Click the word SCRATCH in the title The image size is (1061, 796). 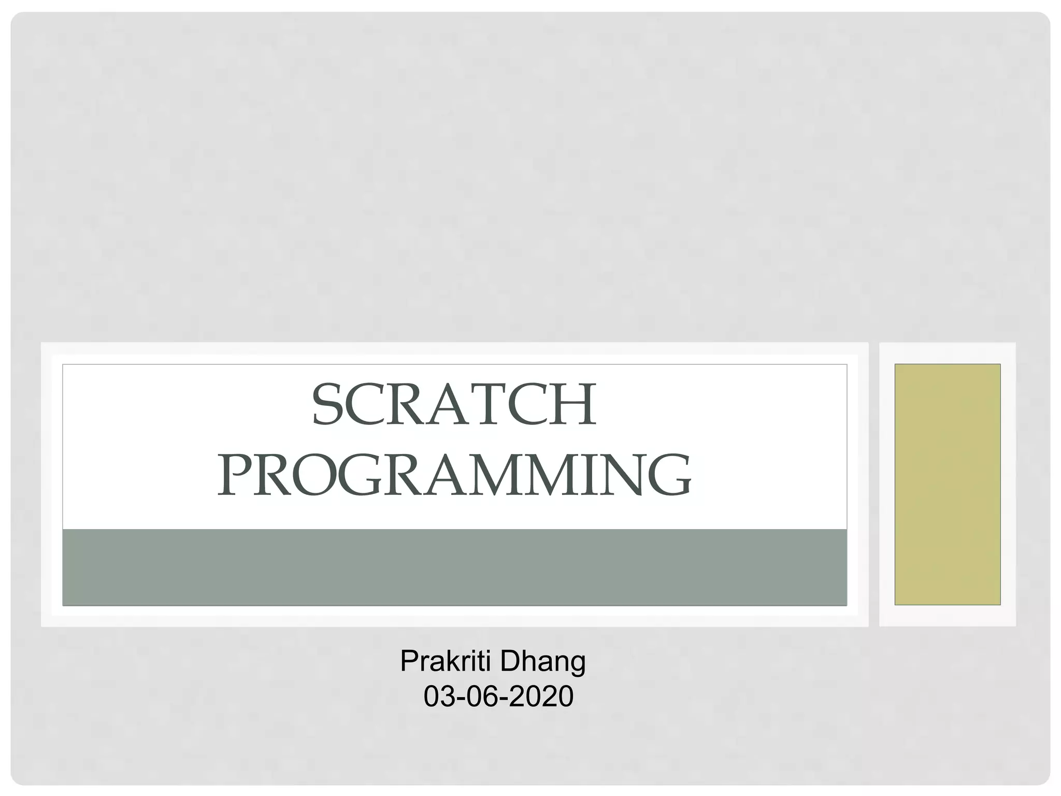click(454, 405)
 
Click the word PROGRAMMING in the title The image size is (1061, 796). click(454, 475)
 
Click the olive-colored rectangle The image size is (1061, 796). click(947, 484)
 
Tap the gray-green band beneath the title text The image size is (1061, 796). click(454, 567)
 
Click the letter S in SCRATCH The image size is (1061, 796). click(329, 405)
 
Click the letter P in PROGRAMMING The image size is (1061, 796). click(234, 475)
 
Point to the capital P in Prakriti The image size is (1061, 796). click(409, 661)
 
